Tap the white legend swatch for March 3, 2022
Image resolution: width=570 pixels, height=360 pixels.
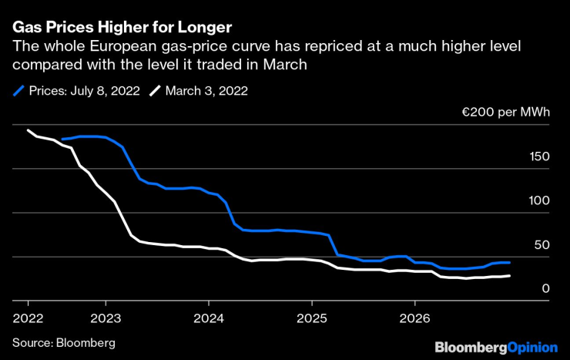[155, 91]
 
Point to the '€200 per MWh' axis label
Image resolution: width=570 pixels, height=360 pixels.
[506, 113]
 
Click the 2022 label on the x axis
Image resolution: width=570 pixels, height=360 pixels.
[27, 317]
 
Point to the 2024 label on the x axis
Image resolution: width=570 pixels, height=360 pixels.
[208, 317]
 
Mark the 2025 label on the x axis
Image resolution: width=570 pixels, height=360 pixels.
[311, 317]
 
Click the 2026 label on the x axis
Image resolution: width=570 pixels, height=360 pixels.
[414, 317]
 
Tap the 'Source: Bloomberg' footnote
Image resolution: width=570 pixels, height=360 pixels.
[63, 341]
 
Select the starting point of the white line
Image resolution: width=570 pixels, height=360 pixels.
[28, 130]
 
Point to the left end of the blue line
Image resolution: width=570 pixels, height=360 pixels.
[62, 140]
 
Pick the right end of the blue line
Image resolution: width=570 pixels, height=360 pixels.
[509, 262]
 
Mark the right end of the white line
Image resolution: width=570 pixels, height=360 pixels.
[509, 275]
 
